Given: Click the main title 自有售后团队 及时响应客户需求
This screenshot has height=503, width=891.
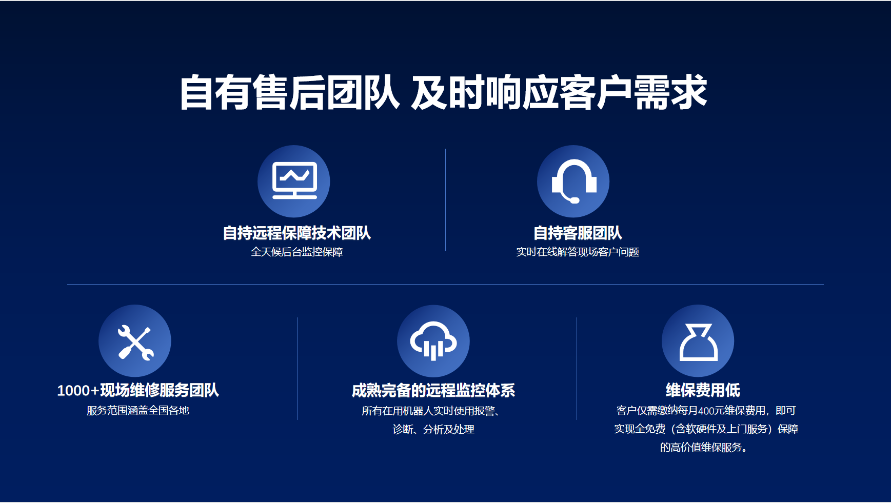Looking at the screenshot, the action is click(x=443, y=92).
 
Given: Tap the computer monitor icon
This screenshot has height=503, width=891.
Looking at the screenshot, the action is click(x=294, y=180).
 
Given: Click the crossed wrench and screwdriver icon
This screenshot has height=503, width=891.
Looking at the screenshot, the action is click(x=135, y=343).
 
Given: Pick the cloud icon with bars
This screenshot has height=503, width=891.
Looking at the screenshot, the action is click(x=433, y=341).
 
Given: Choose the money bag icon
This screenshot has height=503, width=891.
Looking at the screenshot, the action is click(x=698, y=342).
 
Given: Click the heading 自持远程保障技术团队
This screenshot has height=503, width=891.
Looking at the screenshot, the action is click(x=296, y=233).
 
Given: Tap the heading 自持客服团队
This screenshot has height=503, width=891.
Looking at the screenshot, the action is click(x=578, y=233).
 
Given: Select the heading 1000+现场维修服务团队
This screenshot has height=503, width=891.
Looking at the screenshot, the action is click(x=138, y=390).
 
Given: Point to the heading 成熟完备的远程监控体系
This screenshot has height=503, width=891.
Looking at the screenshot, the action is click(x=433, y=390).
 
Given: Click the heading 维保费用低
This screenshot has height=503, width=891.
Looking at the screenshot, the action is click(x=703, y=390).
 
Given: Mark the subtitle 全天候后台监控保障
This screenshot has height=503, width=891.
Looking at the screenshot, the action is click(x=296, y=252).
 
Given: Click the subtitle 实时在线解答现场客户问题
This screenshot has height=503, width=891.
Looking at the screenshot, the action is click(x=578, y=252).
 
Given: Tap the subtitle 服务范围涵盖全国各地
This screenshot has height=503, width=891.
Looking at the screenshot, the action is click(x=138, y=410).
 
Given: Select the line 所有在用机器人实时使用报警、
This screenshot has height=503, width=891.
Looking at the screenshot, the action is click(x=431, y=411).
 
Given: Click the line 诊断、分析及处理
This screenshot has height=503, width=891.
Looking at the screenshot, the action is click(x=433, y=429).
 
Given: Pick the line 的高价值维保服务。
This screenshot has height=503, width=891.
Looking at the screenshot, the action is click(x=703, y=447).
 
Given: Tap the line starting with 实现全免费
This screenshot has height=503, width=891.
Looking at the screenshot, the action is click(x=706, y=429).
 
